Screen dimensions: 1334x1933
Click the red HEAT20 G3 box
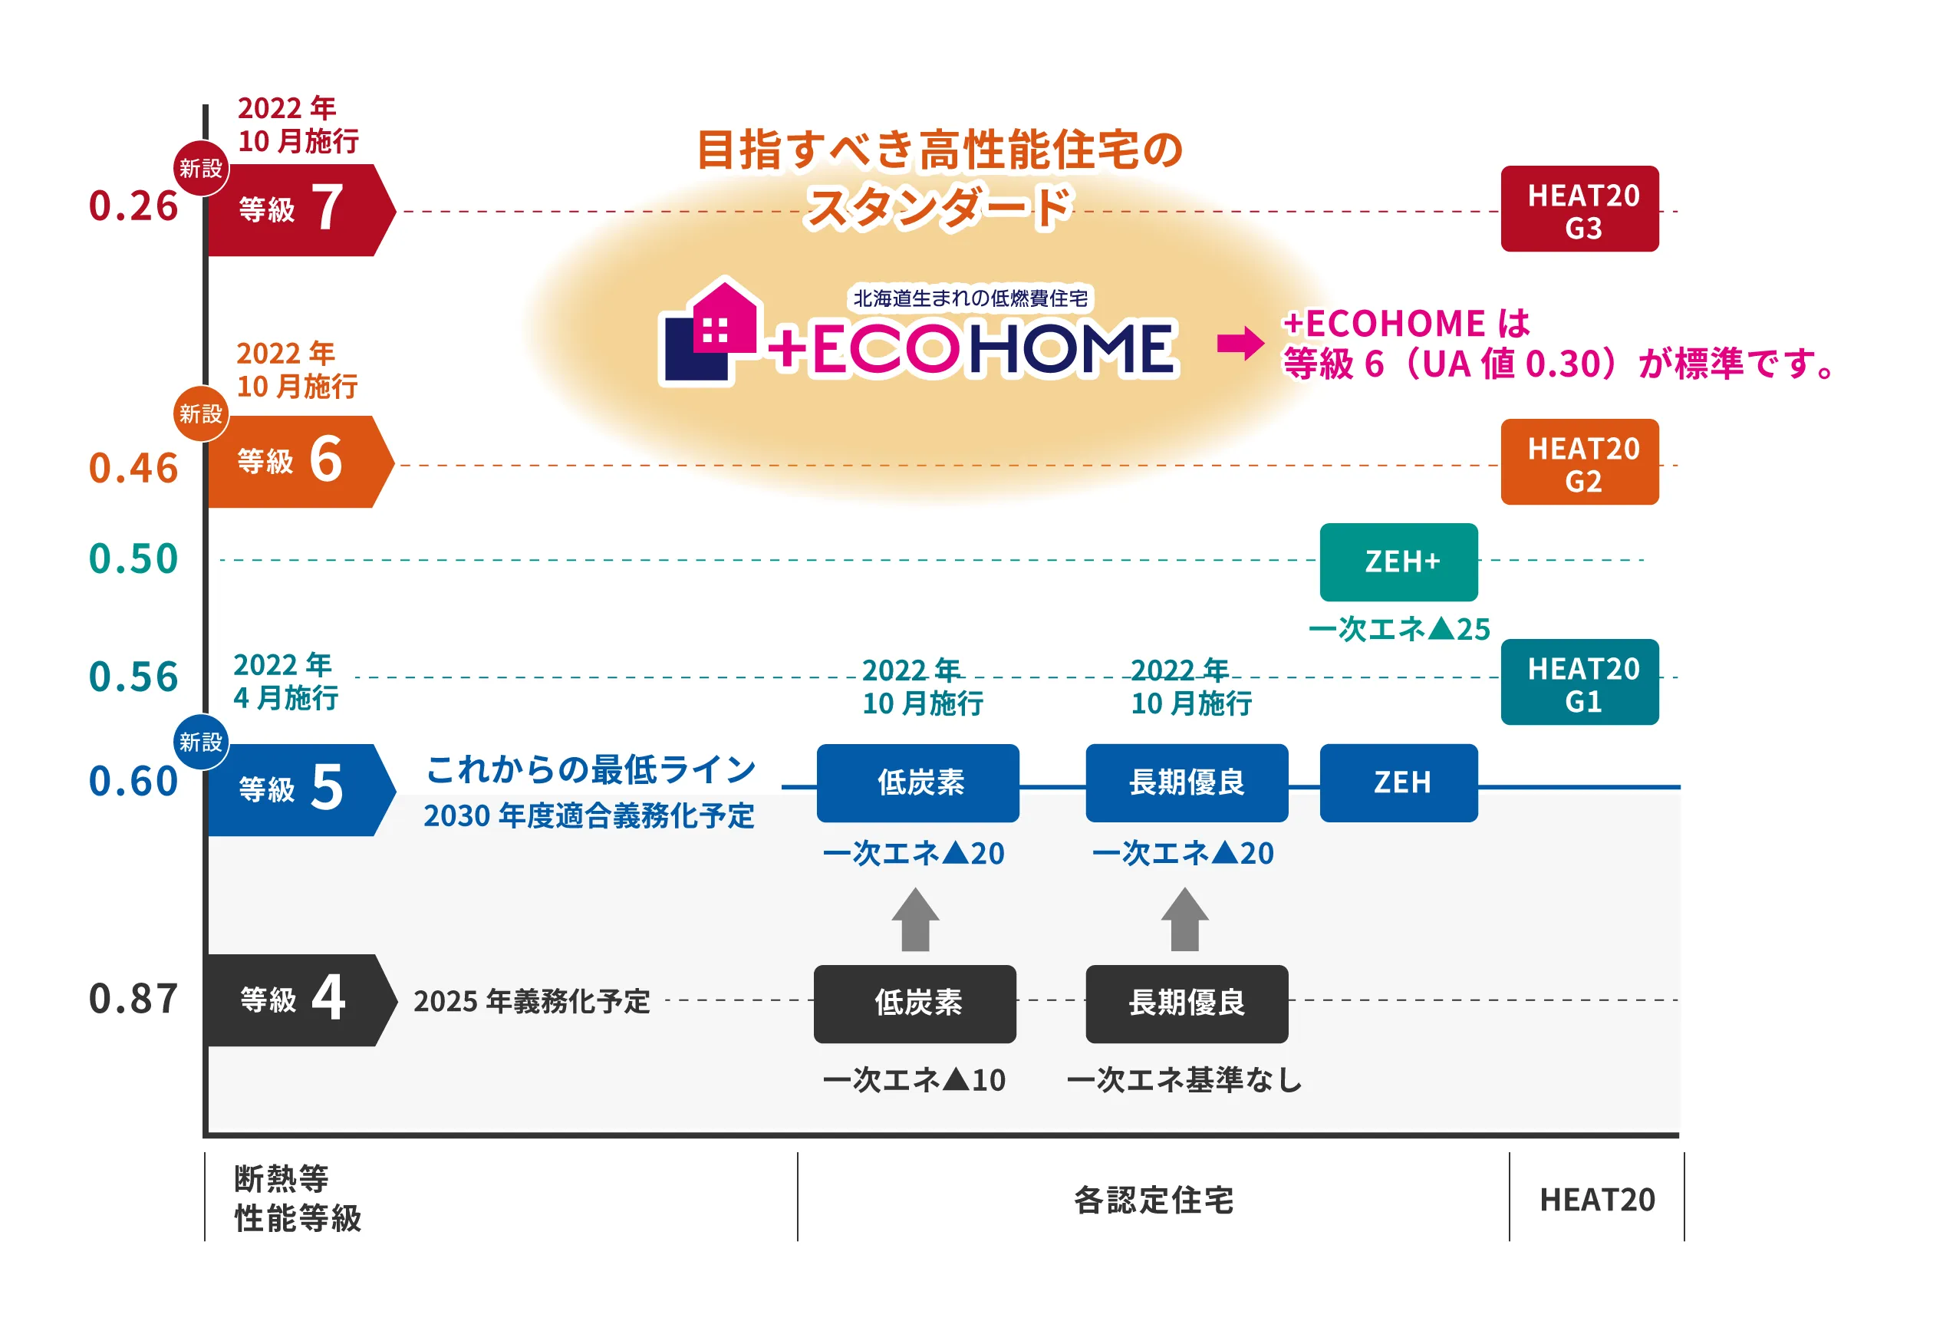coord(1579,209)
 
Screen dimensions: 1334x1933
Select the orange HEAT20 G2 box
coord(1579,463)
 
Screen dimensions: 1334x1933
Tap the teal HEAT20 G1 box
coord(1579,682)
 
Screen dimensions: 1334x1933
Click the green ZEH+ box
coord(1398,562)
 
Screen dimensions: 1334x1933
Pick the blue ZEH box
coord(1398,782)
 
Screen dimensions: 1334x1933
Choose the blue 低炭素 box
coord(917,782)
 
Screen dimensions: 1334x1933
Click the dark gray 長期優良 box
coord(1186,1003)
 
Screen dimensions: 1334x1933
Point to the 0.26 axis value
coord(133,206)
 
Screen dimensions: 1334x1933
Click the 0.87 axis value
coord(133,999)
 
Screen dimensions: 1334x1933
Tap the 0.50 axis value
coord(133,559)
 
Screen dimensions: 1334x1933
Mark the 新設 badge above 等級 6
coord(200,413)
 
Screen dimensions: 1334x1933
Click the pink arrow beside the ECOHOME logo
coord(1240,343)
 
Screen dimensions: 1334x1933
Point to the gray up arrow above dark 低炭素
coord(915,920)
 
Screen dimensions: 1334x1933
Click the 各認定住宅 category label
coord(1154,1201)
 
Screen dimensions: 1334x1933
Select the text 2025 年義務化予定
coord(532,1001)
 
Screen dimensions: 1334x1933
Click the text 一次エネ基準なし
coord(1184,1081)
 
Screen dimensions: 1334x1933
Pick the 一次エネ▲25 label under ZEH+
coord(1399,629)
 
